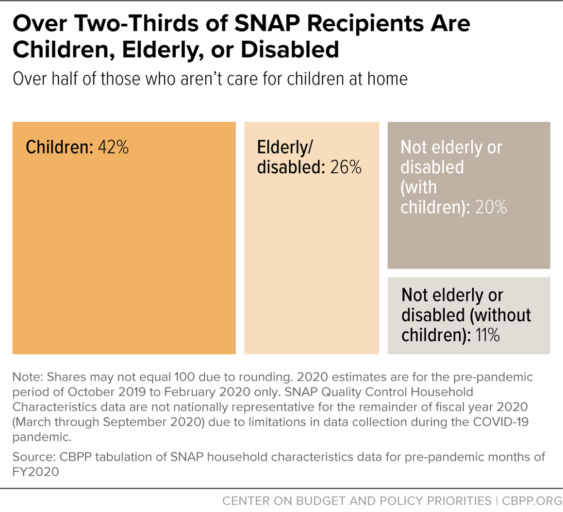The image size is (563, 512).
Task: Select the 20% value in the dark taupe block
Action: coord(491,207)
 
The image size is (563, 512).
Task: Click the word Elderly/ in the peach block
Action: coord(283,147)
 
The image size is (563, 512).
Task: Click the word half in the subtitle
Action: coord(63,79)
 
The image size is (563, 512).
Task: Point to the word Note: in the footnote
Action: coord(28,377)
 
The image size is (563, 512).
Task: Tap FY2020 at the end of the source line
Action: coord(35,472)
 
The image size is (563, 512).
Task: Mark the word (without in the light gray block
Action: coord(499,315)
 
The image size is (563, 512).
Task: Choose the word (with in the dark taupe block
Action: coord(418,187)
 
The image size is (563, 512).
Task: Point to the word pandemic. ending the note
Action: coord(42,437)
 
